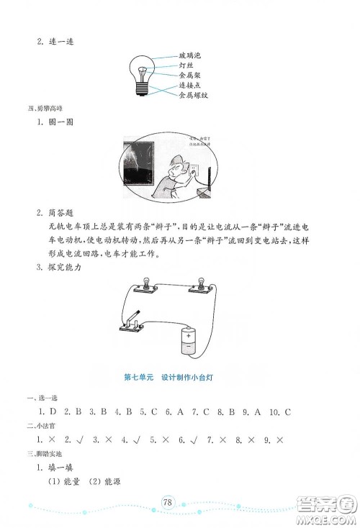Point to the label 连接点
[x=189, y=85]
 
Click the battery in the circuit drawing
[x=187, y=340]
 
